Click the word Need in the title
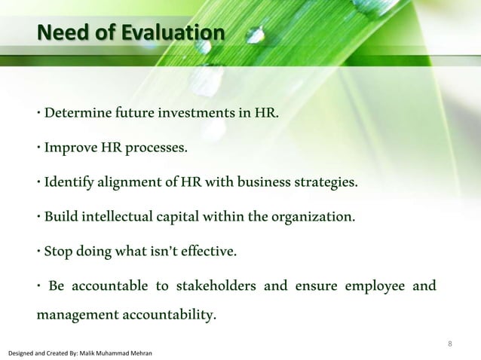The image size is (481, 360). (60, 34)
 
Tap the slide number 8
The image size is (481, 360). (449, 345)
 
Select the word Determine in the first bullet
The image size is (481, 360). (77, 114)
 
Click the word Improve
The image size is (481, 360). (70, 147)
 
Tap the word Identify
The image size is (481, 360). (71, 183)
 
